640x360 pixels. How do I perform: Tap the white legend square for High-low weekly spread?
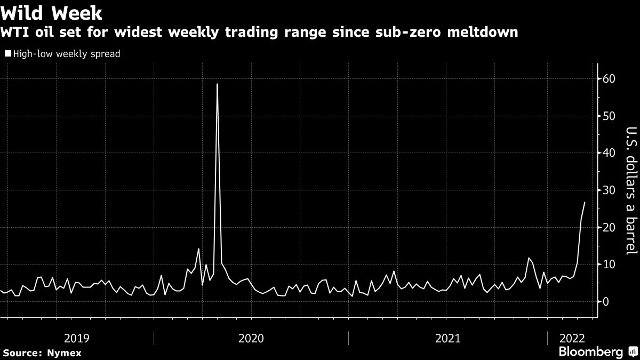point(7,53)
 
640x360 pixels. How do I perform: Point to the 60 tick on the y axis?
point(609,79)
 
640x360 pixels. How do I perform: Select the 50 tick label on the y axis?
point(609,116)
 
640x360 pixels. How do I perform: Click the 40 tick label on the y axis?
point(609,153)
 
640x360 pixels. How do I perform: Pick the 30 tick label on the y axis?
point(609,190)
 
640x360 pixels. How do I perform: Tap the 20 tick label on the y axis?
point(609,228)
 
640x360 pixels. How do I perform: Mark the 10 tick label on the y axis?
point(609,265)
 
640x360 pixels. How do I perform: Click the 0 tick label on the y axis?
point(606,302)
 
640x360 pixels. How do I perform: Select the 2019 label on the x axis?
point(77,338)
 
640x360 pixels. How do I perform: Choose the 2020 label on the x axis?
point(251,338)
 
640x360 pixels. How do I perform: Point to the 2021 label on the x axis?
point(448,338)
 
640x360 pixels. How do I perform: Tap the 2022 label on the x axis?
point(572,338)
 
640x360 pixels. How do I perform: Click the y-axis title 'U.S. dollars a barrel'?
point(630,197)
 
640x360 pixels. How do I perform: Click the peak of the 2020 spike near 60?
point(217,84)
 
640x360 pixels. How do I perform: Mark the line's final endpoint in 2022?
point(585,203)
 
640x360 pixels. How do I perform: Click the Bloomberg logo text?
point(590,352)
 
